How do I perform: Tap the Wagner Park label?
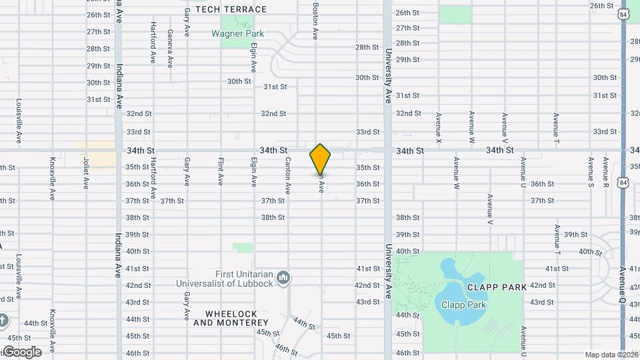[237, 33]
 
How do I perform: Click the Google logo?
[21, 352]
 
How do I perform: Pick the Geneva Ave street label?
[171, 48]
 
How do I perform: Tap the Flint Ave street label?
[221, 171]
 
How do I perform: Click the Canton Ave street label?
[288, 175]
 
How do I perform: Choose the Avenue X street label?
[439, 127]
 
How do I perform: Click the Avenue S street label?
[591, 172]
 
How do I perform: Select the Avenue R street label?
[606, 172]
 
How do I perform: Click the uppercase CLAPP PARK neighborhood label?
[497, 287]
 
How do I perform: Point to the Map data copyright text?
[611, 355]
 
